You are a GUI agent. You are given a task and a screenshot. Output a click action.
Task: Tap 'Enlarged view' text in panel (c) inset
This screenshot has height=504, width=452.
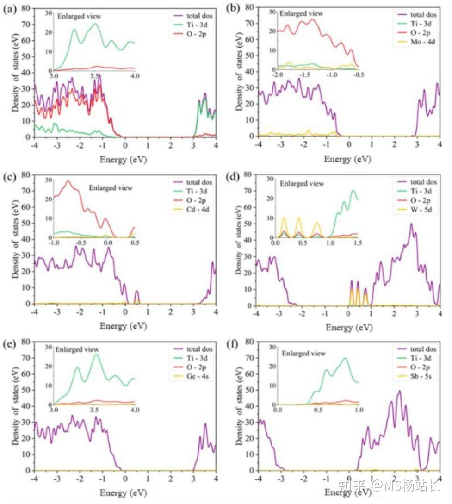[111, 188]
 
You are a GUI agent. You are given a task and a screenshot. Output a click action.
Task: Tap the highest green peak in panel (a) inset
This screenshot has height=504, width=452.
[96, 24]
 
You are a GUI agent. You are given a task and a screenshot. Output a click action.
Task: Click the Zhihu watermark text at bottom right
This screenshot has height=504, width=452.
[389, 485]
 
